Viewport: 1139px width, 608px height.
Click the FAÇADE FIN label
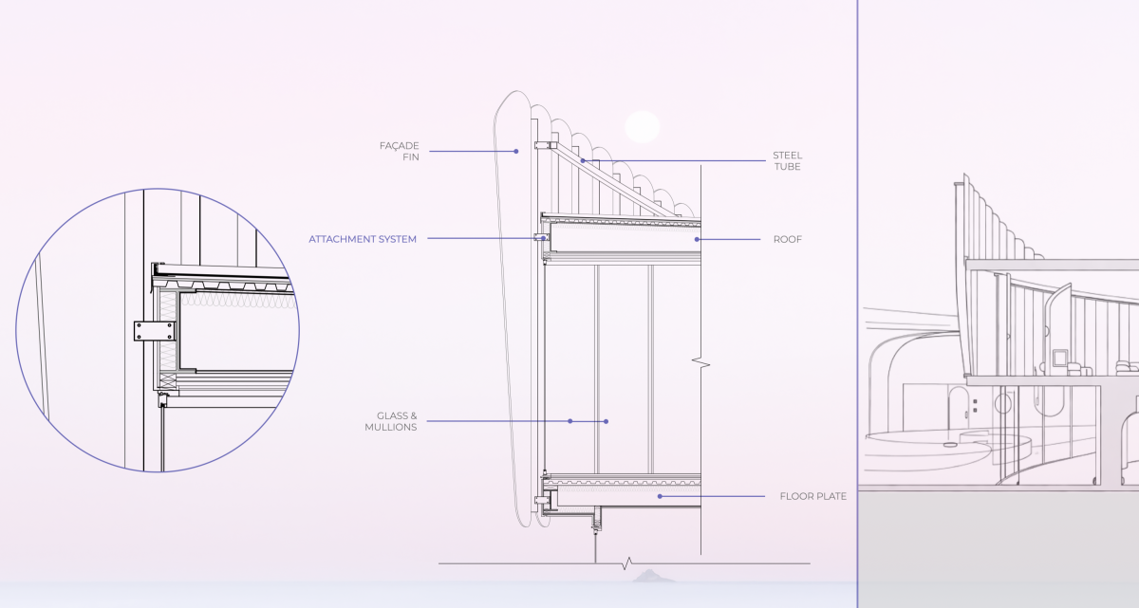(x=400, y=152)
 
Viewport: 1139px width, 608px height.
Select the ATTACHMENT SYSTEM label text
(x=363, y=239)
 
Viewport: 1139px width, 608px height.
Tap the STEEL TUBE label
(x=787, y=161)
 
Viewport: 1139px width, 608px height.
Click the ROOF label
(x=787, y=239)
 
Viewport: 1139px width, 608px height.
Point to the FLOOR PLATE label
(x=813, y=496)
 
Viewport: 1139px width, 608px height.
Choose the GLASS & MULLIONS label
(x=390, y=421)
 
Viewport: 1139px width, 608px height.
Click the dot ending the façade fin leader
(x=516, y=152)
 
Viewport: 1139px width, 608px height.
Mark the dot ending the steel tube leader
(x=583, y=161)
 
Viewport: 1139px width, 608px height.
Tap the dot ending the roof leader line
(x=697, y=239)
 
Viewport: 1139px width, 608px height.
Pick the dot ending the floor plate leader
(x=660, y=496)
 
